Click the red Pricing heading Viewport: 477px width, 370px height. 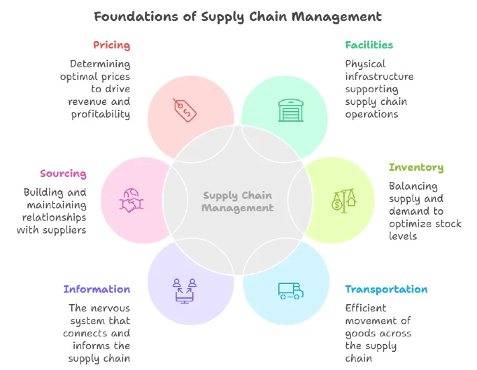click(111, 46)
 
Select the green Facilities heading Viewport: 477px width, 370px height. click(369, 45)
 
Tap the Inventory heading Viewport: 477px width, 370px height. click(416, 168)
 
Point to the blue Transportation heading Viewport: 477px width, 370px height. click(386, 289)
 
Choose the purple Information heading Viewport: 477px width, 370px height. click(97, 289)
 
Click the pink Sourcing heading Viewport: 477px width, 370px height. click(63, 174)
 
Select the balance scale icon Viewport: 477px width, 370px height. click(343, 200)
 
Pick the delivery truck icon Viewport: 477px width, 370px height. click(290, 290)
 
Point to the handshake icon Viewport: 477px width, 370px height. click(132, 200)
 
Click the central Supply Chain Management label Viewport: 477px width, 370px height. click(238, 202)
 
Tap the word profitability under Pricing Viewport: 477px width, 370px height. click(101, 114)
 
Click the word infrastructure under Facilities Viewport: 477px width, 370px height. click(380, 77)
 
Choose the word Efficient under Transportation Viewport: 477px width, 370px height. click(365, 308)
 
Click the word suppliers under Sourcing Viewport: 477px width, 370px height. click(68, 230)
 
